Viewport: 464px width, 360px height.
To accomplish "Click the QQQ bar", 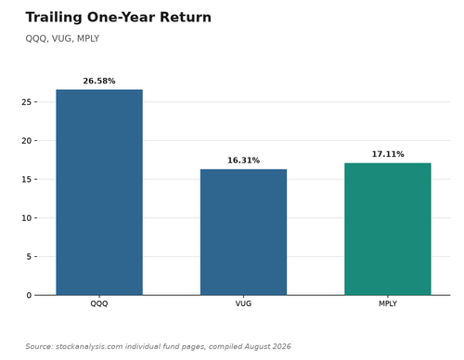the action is coord(99,192).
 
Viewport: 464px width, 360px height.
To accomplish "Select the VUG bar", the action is coord(243,232).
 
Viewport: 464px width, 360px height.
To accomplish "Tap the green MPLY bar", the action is coord(388,229).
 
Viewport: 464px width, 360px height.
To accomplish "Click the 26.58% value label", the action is coord(99,81).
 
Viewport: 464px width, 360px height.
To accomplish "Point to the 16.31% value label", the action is coord(243,161).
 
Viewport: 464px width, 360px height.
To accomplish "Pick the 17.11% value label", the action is coord(388,154).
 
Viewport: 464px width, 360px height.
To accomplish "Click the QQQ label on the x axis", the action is coord(99,303).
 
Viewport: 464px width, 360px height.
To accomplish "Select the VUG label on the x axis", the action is coord(243,303).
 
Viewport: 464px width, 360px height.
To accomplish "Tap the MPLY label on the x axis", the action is coord(388,303).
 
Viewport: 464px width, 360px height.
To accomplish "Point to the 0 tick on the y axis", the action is coord(29,295).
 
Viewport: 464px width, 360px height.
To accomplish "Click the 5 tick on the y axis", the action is coord(29,257).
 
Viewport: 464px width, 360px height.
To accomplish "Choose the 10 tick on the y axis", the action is coord(27,218).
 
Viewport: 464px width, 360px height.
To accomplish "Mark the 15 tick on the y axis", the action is coord(27,179).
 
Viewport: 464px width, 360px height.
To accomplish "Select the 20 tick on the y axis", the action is coord(27,141).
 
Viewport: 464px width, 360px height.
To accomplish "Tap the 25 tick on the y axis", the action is coord(27,102).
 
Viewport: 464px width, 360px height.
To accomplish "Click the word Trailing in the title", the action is coord(54,18).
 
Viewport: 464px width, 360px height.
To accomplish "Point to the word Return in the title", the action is coord(186,18).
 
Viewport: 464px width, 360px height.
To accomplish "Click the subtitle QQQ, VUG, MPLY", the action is coord(62,39).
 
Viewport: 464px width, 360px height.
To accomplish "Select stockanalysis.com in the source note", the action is coord(89,346).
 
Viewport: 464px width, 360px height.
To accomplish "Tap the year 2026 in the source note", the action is coord(282,346).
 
